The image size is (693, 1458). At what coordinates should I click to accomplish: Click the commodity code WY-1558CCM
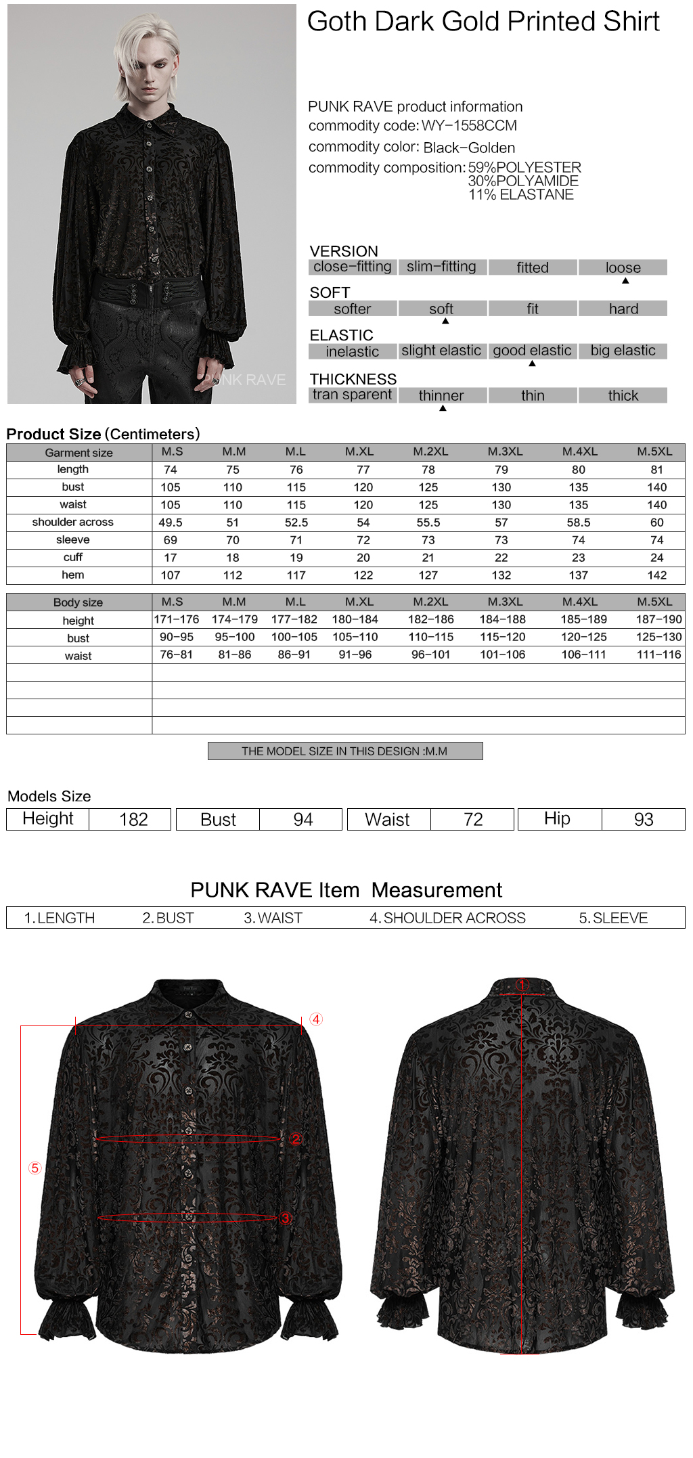point(469,126)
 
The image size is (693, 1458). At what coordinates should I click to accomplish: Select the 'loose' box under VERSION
point(623,267)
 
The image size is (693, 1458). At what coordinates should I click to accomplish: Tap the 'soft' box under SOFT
point(441,309)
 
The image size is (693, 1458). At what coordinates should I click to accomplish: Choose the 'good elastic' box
point(532,351)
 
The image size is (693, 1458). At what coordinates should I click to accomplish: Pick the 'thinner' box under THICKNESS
point(441,395)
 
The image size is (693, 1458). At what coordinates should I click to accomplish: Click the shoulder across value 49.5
point(171,523)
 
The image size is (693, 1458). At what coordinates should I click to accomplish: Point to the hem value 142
point(656,575)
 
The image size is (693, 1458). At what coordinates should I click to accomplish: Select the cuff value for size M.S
point(171,558)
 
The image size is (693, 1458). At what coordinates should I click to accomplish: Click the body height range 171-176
point(177,619)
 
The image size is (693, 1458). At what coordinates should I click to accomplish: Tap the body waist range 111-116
point(658,655)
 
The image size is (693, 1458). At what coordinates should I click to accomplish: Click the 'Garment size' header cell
point(79,453)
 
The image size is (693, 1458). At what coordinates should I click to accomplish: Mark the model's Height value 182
point(133,820)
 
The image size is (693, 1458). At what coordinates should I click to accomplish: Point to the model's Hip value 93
point(644,820)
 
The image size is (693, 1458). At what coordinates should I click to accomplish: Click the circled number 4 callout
point(316,1019)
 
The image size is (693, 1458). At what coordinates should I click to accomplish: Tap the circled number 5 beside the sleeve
point(35,1168)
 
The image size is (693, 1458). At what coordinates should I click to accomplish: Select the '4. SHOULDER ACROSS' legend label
point(447,918)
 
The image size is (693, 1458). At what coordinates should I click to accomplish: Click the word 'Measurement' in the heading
point(437,890)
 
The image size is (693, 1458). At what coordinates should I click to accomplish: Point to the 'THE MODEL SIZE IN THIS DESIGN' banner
point(344,751)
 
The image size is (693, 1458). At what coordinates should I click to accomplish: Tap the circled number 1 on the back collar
point(522,985)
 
